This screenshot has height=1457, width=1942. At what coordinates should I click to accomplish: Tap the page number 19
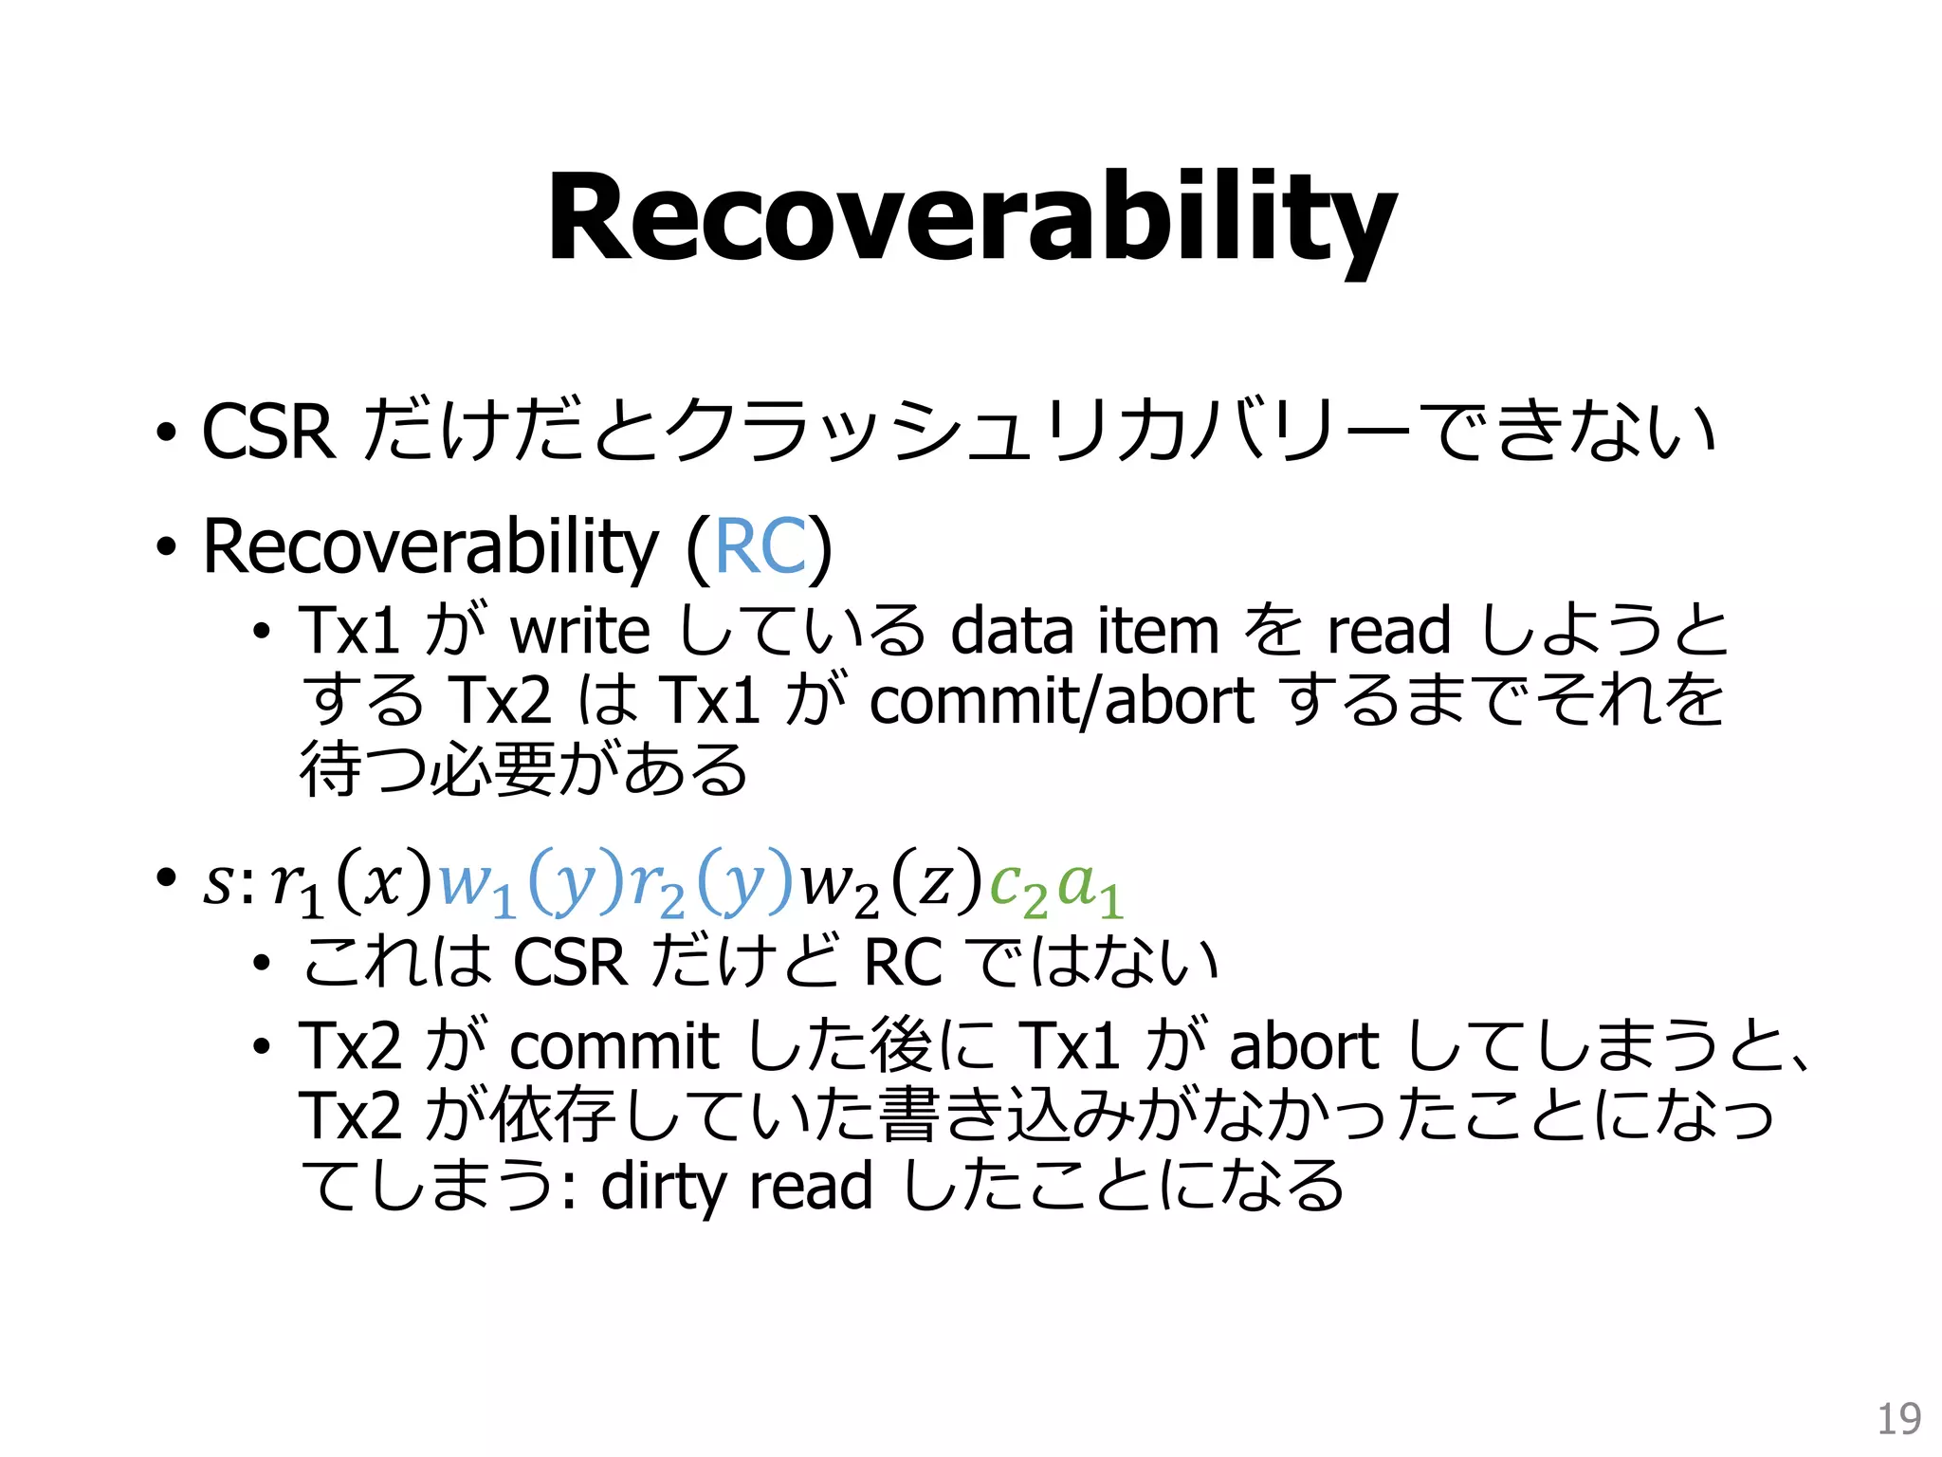[x=1898, y=1419]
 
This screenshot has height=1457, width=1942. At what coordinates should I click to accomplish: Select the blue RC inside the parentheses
[x=760, y=547]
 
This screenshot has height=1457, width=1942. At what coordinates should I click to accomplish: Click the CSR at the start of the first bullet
[x=268, y=433]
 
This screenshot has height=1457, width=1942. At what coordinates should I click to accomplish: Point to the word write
[x=580, y=631]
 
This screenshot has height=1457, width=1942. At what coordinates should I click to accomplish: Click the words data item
[x=1085, y=631]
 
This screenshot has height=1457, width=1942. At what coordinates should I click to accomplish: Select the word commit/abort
[x=1062, y=701]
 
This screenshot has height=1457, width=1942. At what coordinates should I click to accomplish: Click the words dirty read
[x=736, y=1186]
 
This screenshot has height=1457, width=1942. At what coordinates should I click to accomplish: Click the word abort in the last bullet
[x=1303, y=1046]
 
